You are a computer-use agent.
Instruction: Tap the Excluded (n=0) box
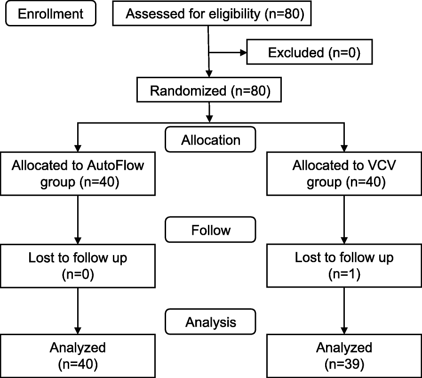[310, 52]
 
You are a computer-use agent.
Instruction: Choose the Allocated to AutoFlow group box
[78, 173]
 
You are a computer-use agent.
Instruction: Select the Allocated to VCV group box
[344, 173]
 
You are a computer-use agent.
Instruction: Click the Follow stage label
[210, 230]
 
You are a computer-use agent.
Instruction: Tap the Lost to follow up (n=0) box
[78, 265]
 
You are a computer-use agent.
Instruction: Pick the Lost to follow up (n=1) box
[344, 265]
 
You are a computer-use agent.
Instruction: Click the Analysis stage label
[210, 322]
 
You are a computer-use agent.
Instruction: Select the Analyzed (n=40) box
[78, 356]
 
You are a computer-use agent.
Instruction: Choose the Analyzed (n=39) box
[344, 356]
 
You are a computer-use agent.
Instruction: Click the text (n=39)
[344, 364]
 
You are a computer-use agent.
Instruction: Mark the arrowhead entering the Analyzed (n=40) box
[78, 330]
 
